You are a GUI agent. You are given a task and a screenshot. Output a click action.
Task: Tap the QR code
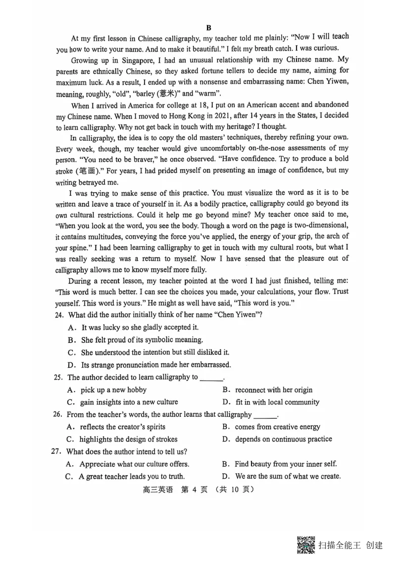point(306,545)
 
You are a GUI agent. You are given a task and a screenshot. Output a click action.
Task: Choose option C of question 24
point(148,352)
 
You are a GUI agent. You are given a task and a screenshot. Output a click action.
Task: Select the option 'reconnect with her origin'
point(273,390)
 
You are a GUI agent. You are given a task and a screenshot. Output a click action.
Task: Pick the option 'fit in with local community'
point(277,402)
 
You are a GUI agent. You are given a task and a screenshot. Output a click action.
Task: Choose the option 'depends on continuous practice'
point(283,439)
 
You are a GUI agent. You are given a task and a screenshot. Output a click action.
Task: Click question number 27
point(59,451)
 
